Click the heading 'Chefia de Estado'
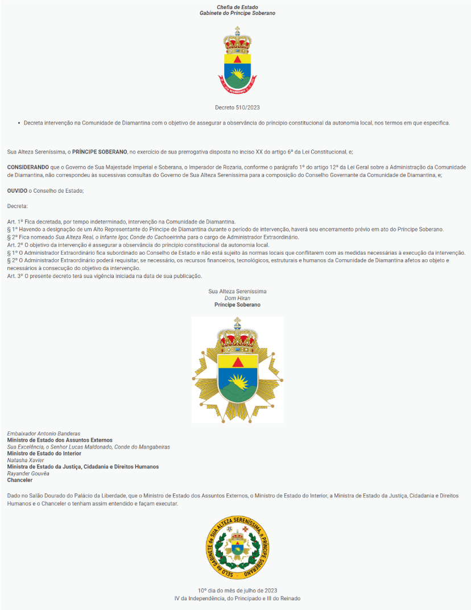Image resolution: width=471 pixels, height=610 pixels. (x=237, y=7)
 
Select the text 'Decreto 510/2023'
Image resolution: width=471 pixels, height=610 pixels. (x=238, y=107)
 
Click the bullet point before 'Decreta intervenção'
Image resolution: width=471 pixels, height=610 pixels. (x=18, y=123)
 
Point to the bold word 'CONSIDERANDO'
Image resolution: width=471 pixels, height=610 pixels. (x=26, y=167)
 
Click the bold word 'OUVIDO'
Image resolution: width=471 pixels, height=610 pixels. (x=17, y=190)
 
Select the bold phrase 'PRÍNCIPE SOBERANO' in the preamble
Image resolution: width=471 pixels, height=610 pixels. (x=100, y=152)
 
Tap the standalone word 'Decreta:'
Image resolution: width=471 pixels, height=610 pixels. (x=17, y=206)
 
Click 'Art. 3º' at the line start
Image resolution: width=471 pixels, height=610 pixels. (x=16, y=276)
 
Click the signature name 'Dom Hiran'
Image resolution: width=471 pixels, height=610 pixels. (x=237, y=298)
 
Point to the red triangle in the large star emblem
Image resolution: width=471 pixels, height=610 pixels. (x=238, y=362)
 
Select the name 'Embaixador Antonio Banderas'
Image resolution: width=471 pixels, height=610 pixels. (x=43, y=433)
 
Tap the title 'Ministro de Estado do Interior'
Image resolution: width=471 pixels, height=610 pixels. (x=44, y=453)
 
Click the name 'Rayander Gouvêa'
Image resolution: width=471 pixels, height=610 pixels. (x=28, y=474)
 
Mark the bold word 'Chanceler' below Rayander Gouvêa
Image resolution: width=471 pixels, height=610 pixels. (x=20, y=480)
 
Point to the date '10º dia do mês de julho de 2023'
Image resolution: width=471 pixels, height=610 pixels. (x=237, y=591)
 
